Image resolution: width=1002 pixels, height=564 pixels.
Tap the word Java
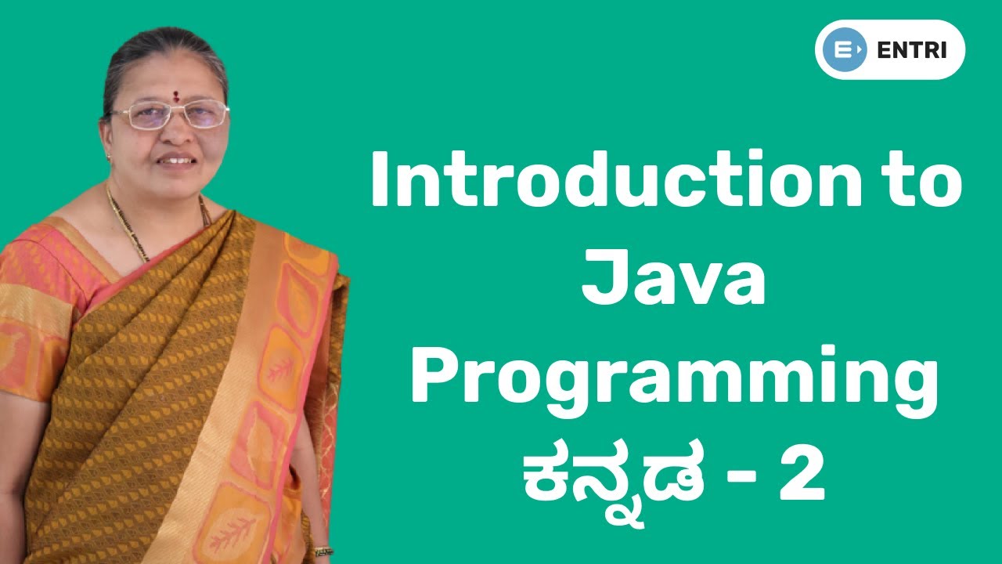[672, 277]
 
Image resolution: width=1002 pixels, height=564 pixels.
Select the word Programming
[674, 381]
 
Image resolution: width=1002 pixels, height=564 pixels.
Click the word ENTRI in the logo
[912, 49]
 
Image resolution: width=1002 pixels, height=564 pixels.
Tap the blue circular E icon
[845, 49]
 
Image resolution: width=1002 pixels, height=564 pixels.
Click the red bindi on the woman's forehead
[176, 96]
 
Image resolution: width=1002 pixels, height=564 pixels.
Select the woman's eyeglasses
[170, 114]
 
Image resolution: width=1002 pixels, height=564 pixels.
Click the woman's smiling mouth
[177, 160]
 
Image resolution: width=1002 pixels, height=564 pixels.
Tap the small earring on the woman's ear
[109, 157]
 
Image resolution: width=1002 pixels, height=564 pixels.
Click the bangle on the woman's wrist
[323, 551]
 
